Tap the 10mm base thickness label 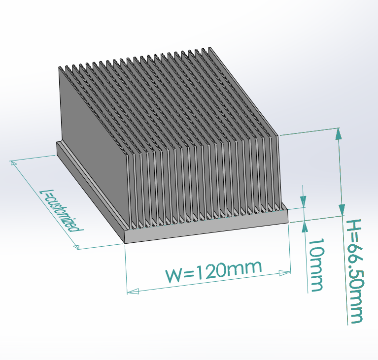coord(316,264)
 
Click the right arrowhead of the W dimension coord(285,272)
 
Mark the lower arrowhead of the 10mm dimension coord(304,227)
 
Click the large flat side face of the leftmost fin coord(94,148)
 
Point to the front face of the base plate coord(207,231)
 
